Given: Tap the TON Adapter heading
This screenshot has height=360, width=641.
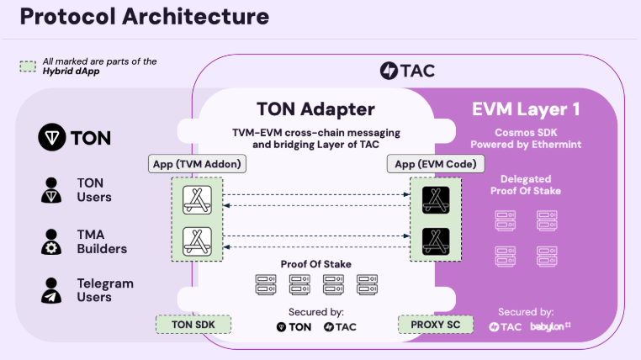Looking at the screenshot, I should coord(315,109).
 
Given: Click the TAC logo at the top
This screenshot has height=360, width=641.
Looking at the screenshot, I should coord(407,71).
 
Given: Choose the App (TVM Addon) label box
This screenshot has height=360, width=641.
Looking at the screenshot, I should coord(196,163).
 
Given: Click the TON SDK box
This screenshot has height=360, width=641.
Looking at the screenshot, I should coord(193,324).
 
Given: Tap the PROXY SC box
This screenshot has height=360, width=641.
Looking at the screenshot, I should coord(435,324).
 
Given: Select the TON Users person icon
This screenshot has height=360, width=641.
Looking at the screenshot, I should coord(52,191).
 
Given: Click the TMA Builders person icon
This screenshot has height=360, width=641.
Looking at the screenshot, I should coord(52,241).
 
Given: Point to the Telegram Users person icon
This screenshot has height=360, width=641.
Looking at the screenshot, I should coord(52,291).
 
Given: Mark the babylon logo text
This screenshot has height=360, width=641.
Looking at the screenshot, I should coord(551,326).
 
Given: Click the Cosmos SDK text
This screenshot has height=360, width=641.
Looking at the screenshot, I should coord(526,131).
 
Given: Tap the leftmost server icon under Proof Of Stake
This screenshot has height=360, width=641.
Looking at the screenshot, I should coord(265,285).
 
